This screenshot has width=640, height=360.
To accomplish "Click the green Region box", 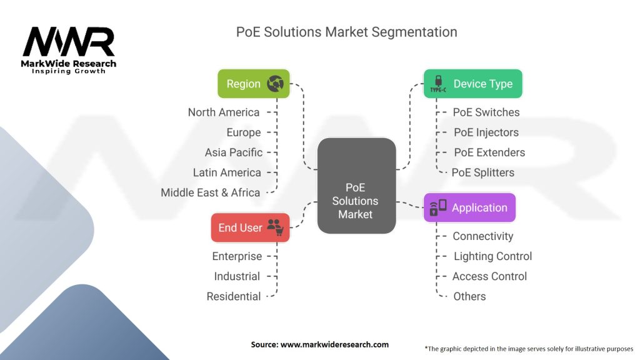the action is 254,84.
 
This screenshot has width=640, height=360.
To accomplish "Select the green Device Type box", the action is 472,84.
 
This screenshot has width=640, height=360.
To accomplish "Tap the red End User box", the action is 250,227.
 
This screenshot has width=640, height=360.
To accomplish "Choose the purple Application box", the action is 469,207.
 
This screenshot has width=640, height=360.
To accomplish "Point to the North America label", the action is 224,112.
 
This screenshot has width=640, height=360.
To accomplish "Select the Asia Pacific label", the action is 234,152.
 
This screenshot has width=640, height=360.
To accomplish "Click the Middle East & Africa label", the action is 210,192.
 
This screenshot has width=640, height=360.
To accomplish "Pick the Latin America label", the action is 227,172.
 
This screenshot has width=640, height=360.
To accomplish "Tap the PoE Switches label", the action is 486,112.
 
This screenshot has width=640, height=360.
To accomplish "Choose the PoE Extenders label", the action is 489,152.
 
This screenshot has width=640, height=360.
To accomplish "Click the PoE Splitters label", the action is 483,172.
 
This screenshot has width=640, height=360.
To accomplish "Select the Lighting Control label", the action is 492,256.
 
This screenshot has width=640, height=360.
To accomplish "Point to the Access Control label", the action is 489,276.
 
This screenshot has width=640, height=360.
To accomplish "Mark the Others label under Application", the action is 469,296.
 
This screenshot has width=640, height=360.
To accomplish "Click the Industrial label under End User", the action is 237,276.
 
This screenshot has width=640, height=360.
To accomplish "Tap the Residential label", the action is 234,296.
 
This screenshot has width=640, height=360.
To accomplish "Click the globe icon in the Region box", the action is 276,84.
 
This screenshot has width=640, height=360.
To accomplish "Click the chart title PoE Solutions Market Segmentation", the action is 347,32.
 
